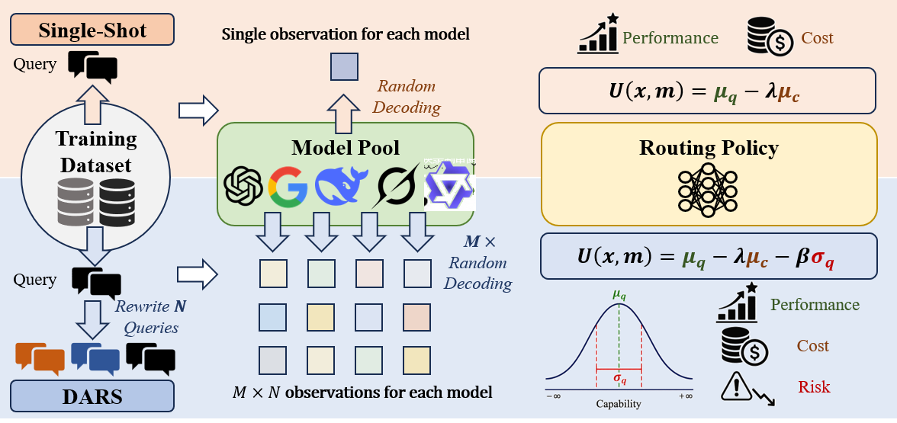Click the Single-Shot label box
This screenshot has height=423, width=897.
92,30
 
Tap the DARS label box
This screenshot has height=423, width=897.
92,396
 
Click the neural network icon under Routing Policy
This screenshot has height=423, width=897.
708,190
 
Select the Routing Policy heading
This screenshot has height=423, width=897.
708,148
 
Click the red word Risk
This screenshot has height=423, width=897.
813,387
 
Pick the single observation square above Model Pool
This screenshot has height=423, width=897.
345,67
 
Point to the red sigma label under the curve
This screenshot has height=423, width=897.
619,378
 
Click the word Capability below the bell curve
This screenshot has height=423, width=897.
619,404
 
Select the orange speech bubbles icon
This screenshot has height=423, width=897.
40,358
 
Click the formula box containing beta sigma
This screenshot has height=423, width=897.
708,255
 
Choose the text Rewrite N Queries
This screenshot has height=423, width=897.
150,317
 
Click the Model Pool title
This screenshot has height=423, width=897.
346,148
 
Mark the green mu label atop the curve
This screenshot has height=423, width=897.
619,296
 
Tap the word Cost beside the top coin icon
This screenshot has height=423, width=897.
817,38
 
